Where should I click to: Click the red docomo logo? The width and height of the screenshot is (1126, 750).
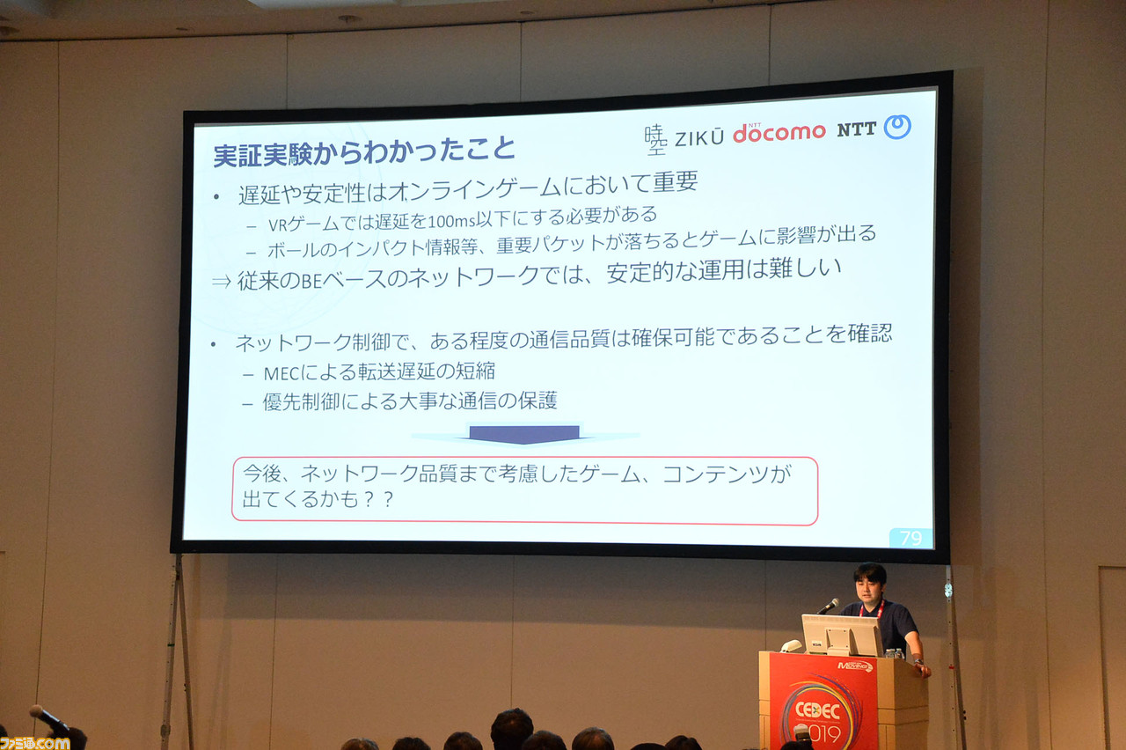point(779,133)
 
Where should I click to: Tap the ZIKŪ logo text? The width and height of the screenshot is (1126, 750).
point(699,138)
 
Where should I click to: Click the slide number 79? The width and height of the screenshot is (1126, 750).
point(910,538)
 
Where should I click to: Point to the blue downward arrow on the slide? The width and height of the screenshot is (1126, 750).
point(524,434)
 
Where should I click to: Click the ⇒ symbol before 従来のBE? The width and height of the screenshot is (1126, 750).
point(221,281)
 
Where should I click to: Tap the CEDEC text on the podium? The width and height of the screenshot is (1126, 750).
point(818,710)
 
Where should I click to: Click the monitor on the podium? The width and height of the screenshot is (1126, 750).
point(842,635)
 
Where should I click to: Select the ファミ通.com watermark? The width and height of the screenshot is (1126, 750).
point(34,743)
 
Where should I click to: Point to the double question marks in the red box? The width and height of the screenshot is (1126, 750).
point(378,499)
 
